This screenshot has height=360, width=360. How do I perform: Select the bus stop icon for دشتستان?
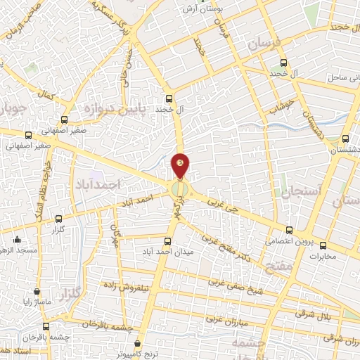[345, 139]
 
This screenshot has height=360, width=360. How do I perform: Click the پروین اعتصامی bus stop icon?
[289, 230]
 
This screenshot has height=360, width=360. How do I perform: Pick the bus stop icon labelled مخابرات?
[323, 245]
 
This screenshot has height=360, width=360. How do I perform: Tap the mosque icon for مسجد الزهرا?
[16, 239]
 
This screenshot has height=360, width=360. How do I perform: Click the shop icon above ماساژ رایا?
[37, 290]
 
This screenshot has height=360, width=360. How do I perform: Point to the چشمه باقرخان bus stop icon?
[46, 326]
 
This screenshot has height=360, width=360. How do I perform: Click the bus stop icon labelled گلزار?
[58, 219]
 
